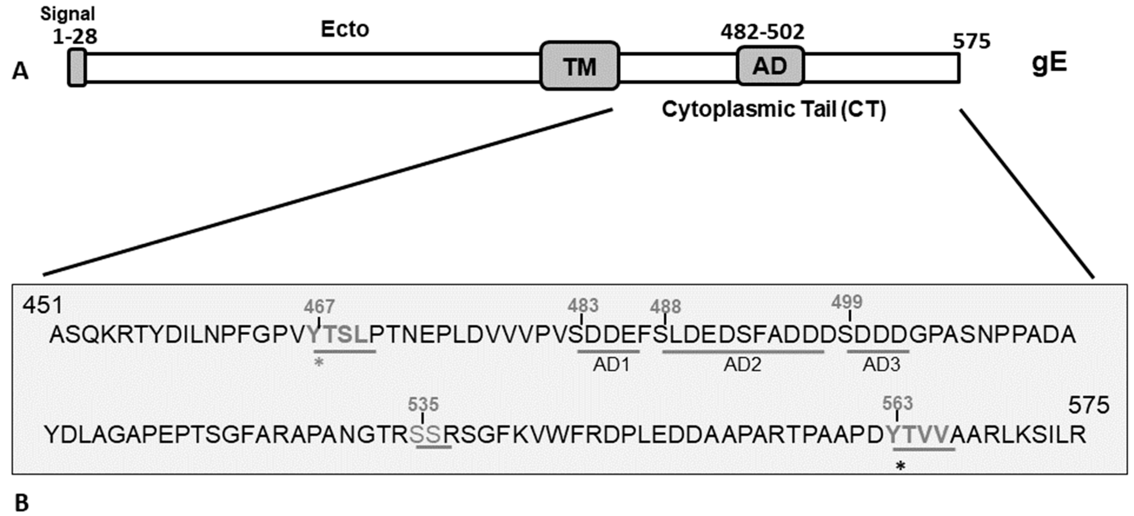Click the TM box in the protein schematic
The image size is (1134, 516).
pyautogui.click(x=580, y=66)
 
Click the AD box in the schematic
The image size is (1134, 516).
pyautogui.click(x=770, y=66)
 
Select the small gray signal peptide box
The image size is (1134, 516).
pyautogui.click(x=77, y=67)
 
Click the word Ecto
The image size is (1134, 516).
pyautogui.click(x=345, y=29)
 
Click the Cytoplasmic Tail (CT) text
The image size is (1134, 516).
pyautogui.click(x=774, y=109)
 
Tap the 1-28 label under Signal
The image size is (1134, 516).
pyautogui.click(x=75, y=37)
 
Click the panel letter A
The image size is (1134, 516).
pyautogui.click(x=20, y=71)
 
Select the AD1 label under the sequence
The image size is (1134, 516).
pyautogui.click(x=611, y=364)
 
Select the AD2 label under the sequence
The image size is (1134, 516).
pyautogui.click(x=742, y=364)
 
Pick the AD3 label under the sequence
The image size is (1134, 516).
pyautogui.click(x=881, y=364)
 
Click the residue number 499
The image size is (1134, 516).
pyautogui.click(x=847, y=302)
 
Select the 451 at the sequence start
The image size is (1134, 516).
pyautogui.click(x=43, y=305)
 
